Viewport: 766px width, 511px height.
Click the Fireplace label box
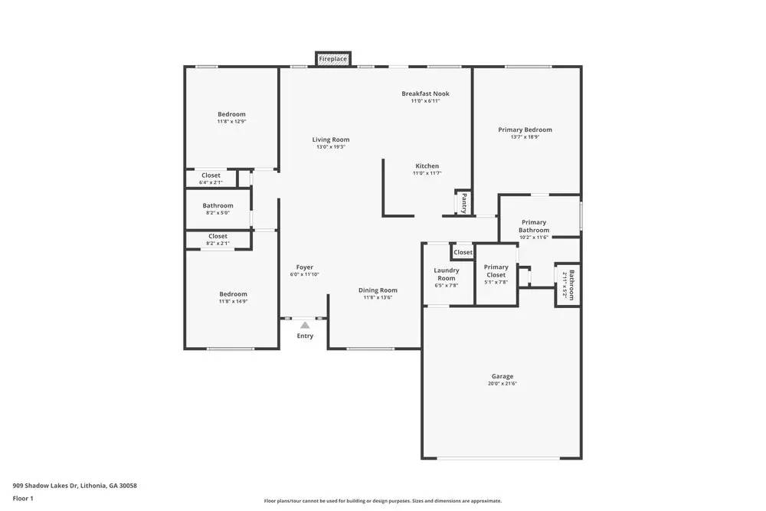[333, 59]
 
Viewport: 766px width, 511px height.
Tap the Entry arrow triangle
[305, 326]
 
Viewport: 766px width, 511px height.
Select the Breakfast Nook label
[425, 93]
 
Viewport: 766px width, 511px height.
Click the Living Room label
[330, 139]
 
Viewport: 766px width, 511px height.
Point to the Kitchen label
[427, 166]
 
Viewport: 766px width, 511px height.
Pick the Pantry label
[464, 203]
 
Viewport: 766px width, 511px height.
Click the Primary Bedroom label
[525, 129]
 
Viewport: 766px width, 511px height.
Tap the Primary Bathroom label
[533, 226]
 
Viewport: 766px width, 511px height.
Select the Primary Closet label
[496, 270]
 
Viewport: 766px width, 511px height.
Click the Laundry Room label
[446, 274]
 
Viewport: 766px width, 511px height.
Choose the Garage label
[502, 376]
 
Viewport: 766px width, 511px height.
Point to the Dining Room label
[378, 290]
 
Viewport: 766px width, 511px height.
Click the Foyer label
[304, 267]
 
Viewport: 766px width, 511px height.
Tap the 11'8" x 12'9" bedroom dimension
[231, 121]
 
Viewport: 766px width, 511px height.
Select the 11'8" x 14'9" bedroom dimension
[233, 301]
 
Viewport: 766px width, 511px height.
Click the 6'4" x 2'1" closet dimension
[211, 182]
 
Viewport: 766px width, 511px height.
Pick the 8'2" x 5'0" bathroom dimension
[218, 212]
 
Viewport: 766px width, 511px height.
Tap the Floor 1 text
[23, 498]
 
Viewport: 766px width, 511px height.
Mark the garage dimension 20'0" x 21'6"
[502, 383]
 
